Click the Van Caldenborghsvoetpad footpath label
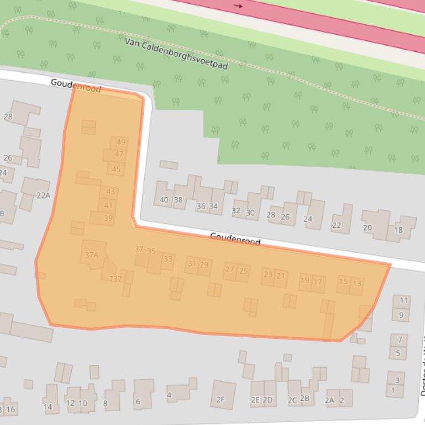pyautogui.click(x=176, y=53)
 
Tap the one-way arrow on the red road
pyautogui.click(x=239, y=6)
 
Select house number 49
pyautogui.click(x=121, y=142)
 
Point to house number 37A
pyautogui.click(x=92, y=255)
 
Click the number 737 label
pyautogui.click(x=116, y=279)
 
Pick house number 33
pyautogui.click(x=168, y=259)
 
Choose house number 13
pyautogui.click(x=356, y=284)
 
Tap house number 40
pyautogui.click(x=164, y=200)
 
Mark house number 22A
pyautogui.click(x=43, y=195)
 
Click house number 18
pyautogui.click(x=398, y=230)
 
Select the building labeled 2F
pyautogui.click(x=221, y=400)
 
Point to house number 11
pyautogui.click(x=403, y=301)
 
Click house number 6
pyautogui.click(x=138, y=401)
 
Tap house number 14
pyautogui.click(x=48, y=407)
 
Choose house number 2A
pyautogui.click(x=330, y=401)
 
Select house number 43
pyautogui.click(x=111, y=192)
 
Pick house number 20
pyautogui.click(x=368, y=228)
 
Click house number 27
pyautogui.click(x=230, y=270)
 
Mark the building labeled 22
pyautogui.click(x=337, y=225)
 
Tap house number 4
pyautogui.click(x=169, y=395)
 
